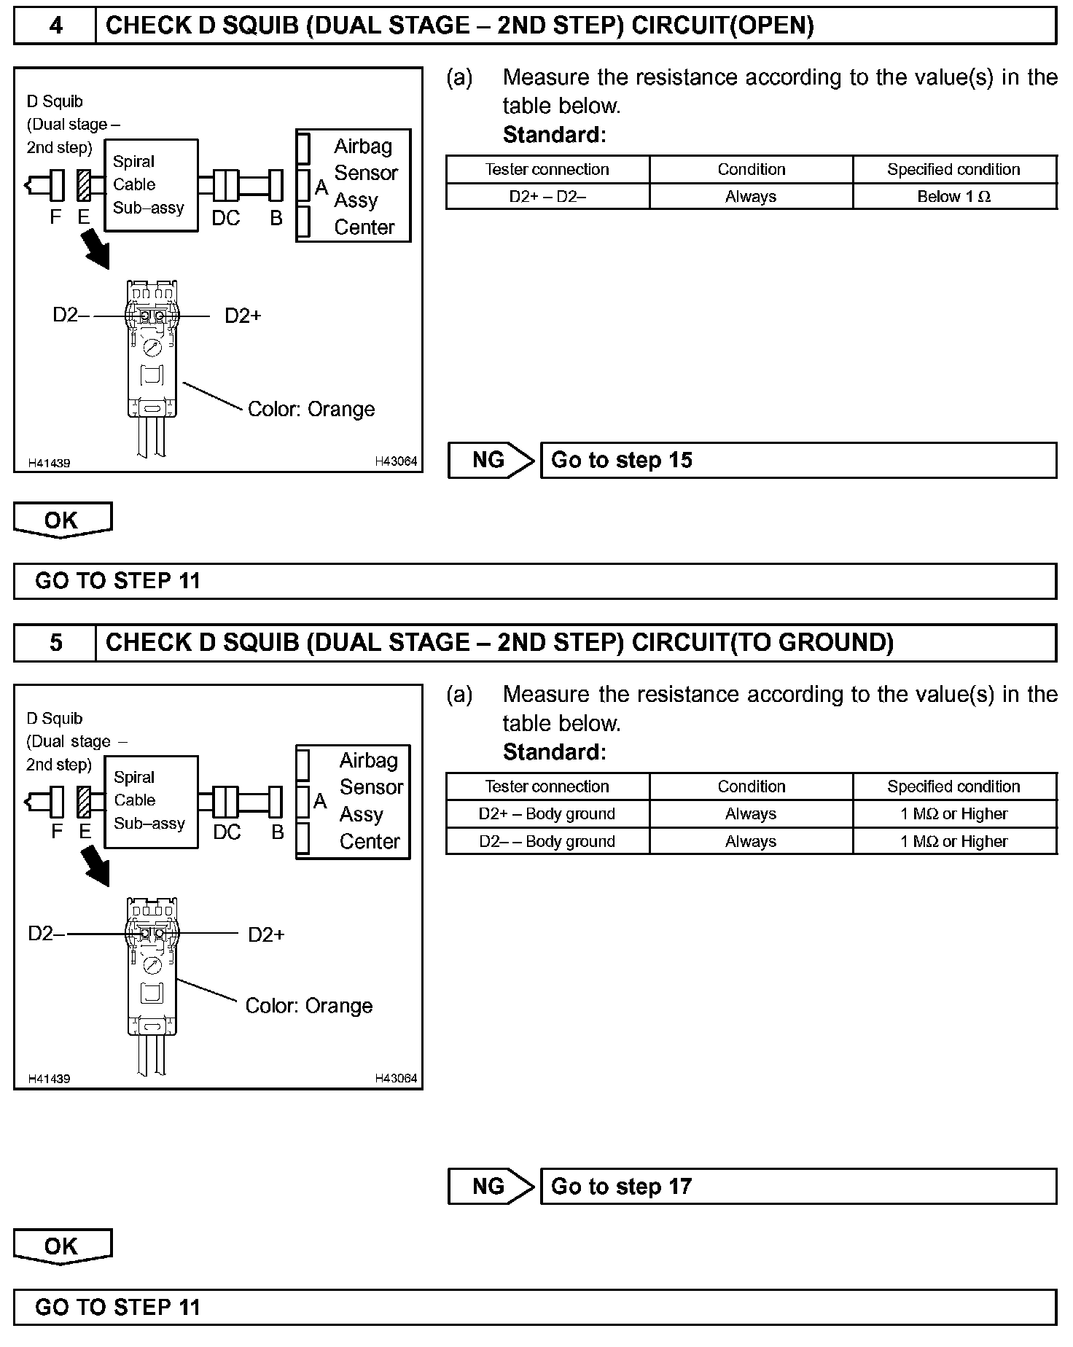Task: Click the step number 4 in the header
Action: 55,26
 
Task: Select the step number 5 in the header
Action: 55,643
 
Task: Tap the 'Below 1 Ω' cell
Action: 954,197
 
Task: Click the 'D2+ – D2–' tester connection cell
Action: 547,197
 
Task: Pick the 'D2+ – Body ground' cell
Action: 547,814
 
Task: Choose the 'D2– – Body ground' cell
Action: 547,842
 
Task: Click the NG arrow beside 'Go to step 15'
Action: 491,460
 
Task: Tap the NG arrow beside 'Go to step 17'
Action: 491,1187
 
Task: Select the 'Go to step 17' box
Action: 798,1187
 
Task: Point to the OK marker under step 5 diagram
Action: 62,1246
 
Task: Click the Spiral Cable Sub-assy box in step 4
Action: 151,185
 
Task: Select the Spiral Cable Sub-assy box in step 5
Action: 151,801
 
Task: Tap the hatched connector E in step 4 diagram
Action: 83,185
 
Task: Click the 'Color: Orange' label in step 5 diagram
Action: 309,1006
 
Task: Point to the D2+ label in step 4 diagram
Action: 243,316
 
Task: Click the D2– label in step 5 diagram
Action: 46,934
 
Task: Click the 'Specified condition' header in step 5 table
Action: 954,786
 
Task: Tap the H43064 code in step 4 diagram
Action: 396,461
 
